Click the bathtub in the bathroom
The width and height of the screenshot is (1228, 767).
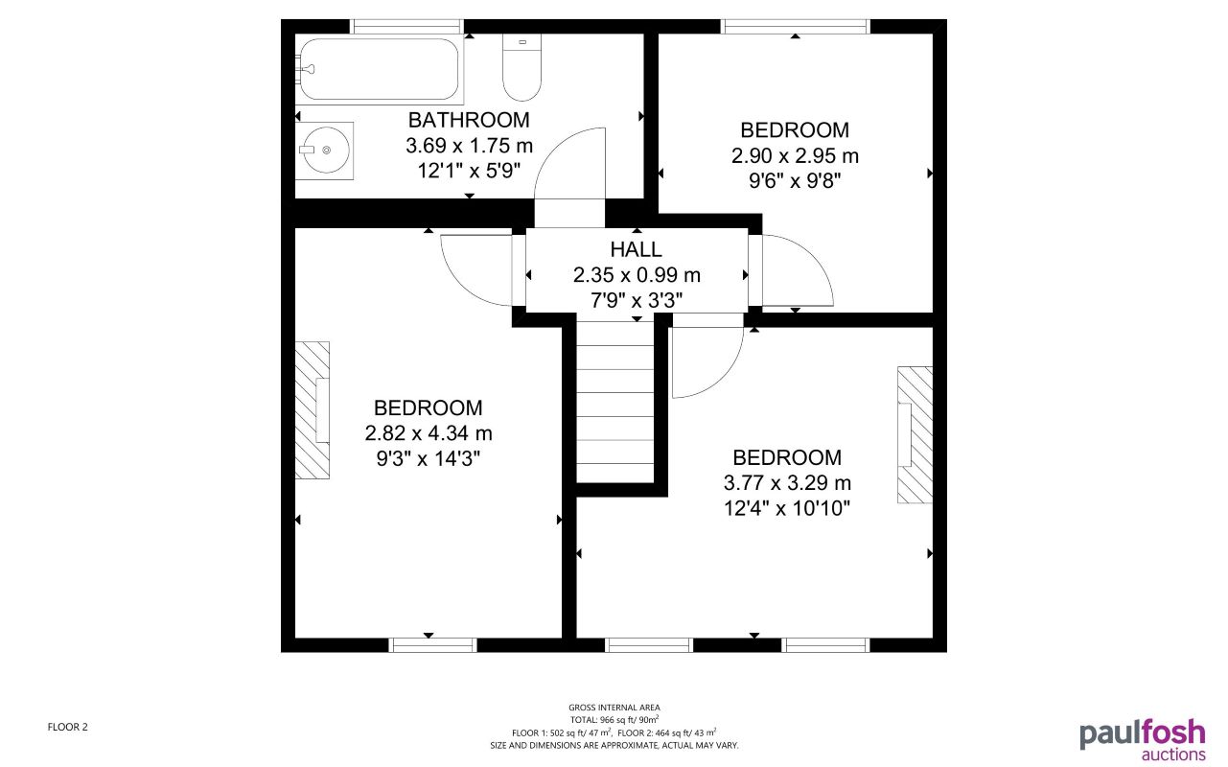click(379, 69)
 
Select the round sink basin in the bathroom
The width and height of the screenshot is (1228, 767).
click(324, 150)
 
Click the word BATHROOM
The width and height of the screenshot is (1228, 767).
click(469, 120)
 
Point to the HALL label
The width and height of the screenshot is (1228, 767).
click(637, 249)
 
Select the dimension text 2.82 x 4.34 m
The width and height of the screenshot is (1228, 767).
click(429, 433)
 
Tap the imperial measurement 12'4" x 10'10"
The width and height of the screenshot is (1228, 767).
click(787, 506)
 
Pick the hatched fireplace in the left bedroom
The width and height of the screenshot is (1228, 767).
click(312, 409)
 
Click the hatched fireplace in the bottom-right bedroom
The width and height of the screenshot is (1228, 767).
click(915, 433)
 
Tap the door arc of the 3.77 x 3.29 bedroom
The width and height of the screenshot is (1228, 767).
click(707, 362)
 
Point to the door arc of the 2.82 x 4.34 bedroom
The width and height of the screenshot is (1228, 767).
click(475, 270)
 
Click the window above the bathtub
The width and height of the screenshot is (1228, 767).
click(406, 27)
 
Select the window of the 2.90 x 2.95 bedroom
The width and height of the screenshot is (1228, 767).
click(796, 27)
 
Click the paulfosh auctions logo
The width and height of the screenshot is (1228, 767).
click(1142, 738)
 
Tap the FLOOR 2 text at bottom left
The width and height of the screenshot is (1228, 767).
click(67, 727)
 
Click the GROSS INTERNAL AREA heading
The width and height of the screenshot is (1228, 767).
click(614, 708)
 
